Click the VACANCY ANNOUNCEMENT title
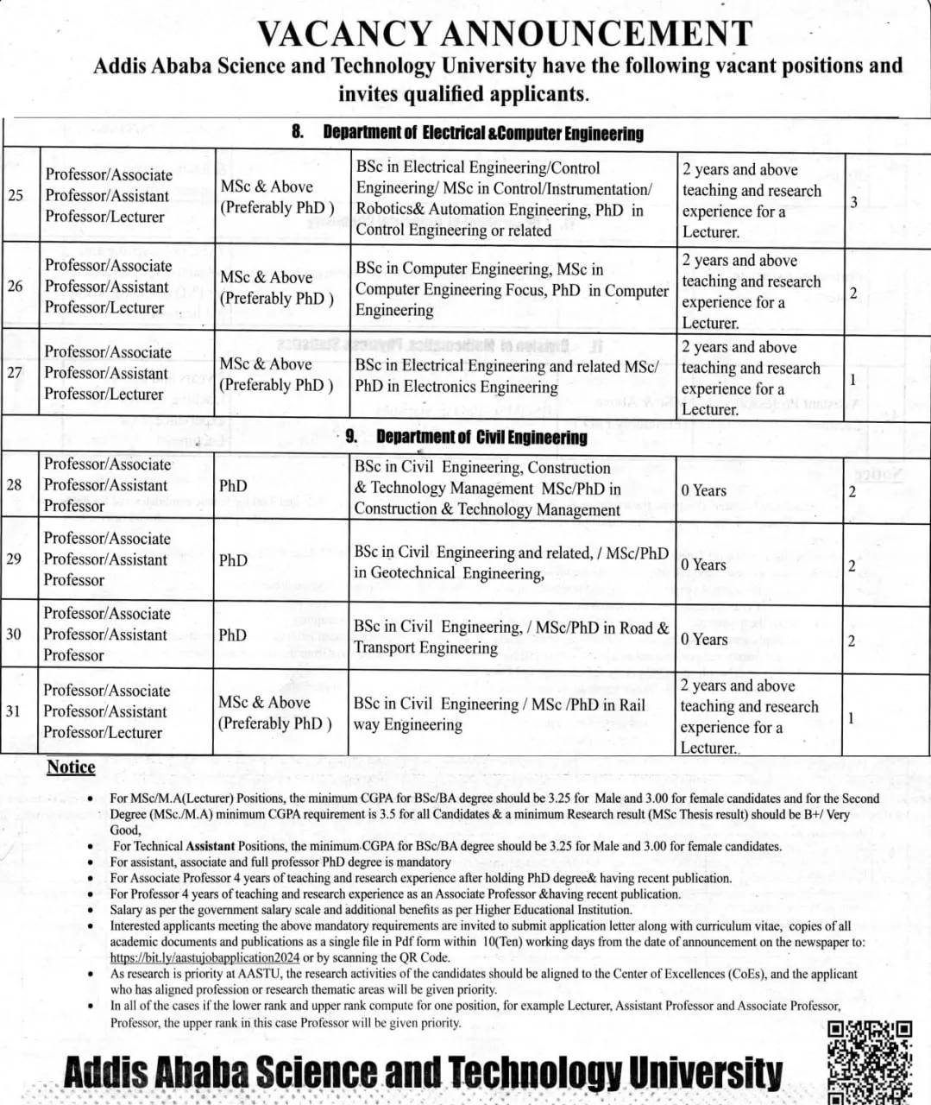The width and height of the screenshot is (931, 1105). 505,34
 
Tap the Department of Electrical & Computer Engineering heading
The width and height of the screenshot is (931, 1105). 482,133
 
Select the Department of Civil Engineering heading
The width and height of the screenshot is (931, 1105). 481,437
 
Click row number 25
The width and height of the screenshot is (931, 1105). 16,195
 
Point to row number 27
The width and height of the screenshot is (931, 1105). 15,373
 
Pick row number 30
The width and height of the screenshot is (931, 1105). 14,635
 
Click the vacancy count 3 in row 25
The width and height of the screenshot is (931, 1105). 853,202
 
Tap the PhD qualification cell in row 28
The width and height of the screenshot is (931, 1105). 233,486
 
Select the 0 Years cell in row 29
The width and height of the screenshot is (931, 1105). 704,565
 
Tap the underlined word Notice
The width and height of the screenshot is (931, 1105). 71,767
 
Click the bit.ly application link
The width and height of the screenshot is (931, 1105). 204,957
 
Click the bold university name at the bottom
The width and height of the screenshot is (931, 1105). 423,1072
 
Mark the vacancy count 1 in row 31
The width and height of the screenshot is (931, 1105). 852,717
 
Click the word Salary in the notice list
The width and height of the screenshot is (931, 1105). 127,910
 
